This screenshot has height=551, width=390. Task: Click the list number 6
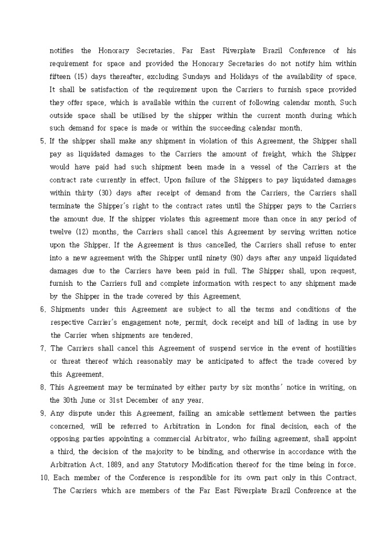coord(42,309)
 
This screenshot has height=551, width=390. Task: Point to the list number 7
coord(42,348)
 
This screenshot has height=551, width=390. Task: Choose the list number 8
coord(42,387)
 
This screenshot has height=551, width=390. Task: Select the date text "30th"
coord(71,400)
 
